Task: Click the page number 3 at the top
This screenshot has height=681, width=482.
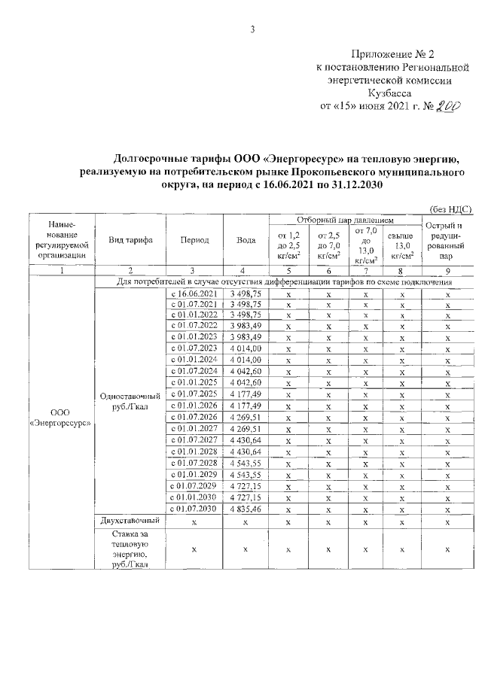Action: click(x=253, y=29)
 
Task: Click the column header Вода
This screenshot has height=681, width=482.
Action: click(x=246, y=240)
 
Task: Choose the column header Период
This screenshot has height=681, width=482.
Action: click(x=194, y=240)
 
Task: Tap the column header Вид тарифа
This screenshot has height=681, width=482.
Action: click(x=131, y=240)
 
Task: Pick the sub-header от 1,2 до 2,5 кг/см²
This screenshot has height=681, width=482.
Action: click(x=288, y=245)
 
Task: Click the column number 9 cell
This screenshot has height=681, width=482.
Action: click(x=447, y=271)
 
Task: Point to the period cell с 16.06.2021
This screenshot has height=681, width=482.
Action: click(x=194, y=293)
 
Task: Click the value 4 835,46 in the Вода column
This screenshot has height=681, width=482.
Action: click(x=246, y=509)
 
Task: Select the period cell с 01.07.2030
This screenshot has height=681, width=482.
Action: click(x=194, y=509)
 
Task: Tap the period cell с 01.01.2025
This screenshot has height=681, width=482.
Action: click(x=194, y=383)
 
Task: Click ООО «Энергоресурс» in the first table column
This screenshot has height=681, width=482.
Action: click(x=59, y=418)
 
